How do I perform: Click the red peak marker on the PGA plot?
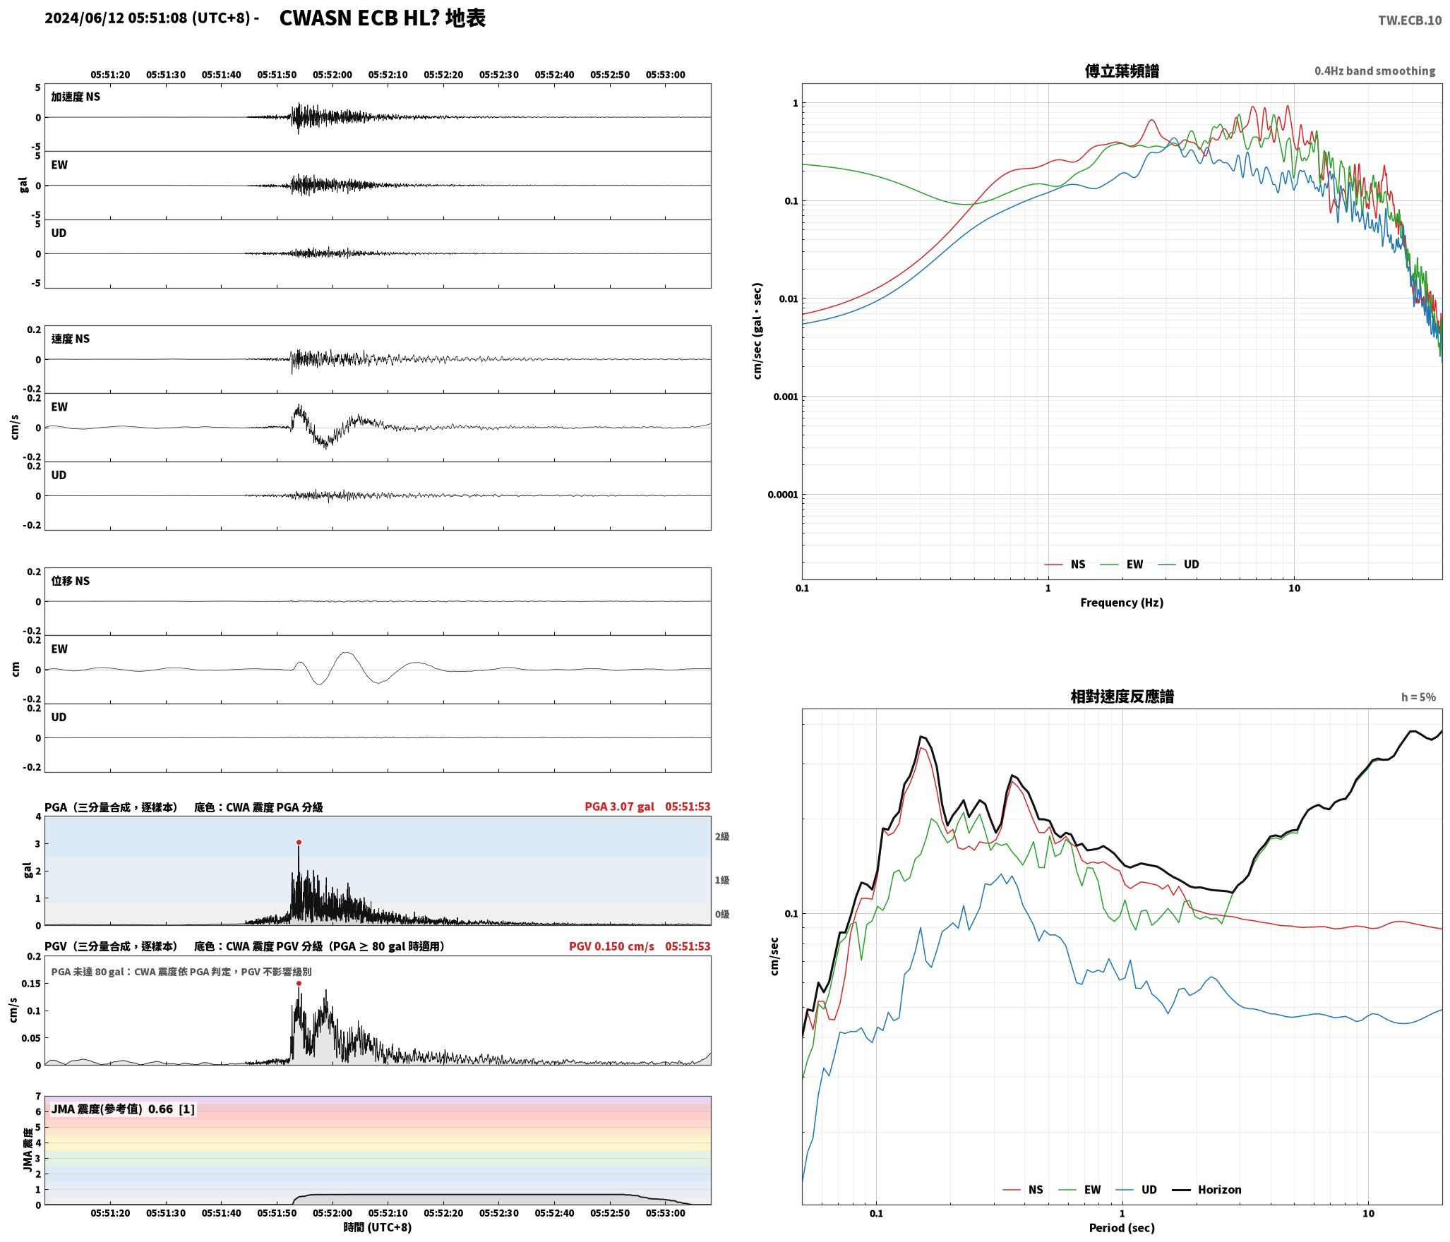point(299,842)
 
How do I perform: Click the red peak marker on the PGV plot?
point(299,983)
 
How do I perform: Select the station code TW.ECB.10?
point(1410,20)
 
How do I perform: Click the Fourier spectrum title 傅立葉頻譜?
point(1122,71)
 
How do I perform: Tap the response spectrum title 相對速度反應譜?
point(1122,697)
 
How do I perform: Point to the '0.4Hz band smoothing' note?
point(1374,71)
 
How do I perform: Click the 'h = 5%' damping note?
point(1418,697)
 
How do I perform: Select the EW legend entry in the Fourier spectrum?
point(1122,565)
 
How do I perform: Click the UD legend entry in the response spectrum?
point(1137,1190)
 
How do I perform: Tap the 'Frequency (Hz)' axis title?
point(1122,603)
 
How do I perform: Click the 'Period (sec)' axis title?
point(1122,1228)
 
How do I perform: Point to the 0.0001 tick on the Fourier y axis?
point(783,495)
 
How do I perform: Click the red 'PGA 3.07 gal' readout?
point(619,807)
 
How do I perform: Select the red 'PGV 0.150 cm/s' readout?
point(611,946)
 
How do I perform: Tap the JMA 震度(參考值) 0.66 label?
point(123,1109)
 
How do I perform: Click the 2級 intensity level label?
point(722,836)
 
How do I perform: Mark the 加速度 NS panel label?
point(76,97)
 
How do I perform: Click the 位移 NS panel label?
point(71,581)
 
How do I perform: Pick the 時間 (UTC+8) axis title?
point(378,1227)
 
